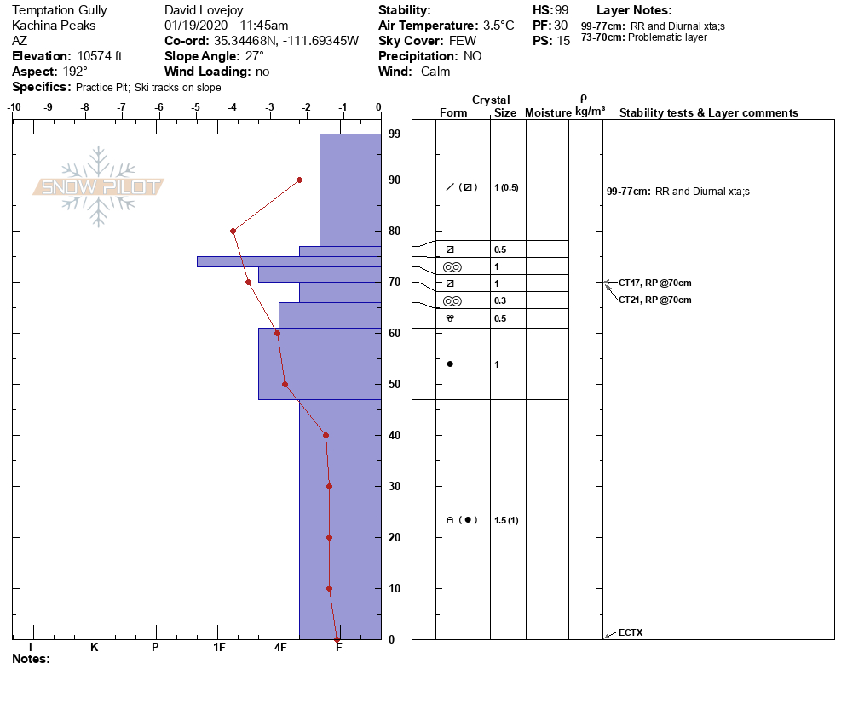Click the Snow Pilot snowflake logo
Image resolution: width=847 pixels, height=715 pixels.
[x=98, y=186]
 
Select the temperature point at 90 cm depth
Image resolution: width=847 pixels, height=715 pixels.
[x=299, y=180]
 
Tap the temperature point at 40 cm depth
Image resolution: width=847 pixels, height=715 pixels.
[x=326, y=436]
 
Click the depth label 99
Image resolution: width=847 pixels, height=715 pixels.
[x=395, y=134]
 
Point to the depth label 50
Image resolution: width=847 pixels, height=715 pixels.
[x=395, y=384]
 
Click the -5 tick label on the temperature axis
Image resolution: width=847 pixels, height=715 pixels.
[x=195, y=107]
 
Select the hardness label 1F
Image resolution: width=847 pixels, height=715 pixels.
[x=219, y=647]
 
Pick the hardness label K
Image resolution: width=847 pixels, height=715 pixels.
[x=94, y=647]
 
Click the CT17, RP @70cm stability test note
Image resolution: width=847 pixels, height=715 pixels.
[x=654, y=283]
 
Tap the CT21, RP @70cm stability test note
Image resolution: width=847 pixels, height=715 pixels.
[x=654, y=300]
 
